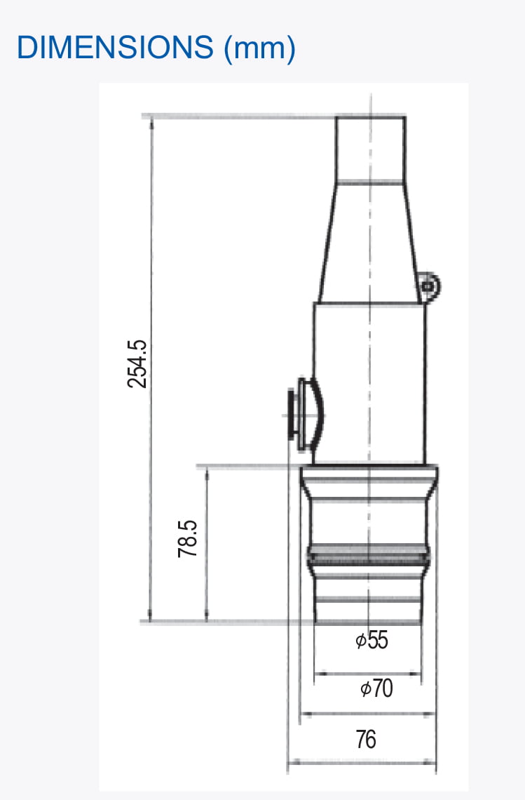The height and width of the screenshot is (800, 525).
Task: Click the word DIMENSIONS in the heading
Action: pyautogui.click(x=115, y=48)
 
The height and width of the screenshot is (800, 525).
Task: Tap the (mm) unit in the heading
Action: pyautogui.click(x=259, y=48)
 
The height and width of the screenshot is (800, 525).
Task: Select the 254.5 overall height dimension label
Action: pyautogui.click(x=137, y=364)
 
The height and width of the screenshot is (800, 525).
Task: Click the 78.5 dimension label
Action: pyautogui.click(x=188, y=538)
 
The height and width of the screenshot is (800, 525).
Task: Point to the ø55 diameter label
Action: pyautogui.click(x=371, y=640)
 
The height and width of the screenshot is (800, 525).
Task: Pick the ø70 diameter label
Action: pyautogui.click(x=376, y=689)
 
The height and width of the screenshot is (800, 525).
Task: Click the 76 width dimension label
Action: pyautogui.click(x=366, y=739)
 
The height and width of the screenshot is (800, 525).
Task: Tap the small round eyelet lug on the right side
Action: pyautogui.click(x=429, y=285)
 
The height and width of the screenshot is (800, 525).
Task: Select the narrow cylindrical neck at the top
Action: pyautogui.click(x=370, y=148)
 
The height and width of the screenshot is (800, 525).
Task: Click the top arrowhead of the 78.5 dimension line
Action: pyautogui.click(x=207, y=471)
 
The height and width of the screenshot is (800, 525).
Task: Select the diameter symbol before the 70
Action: pyautogui.click(x=365, y=690)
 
